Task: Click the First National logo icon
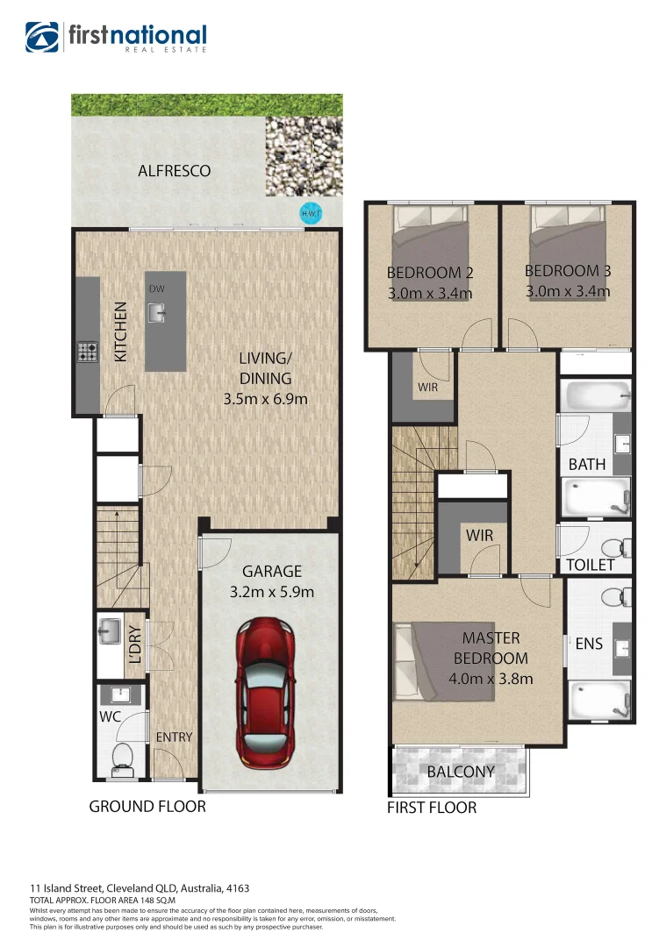pyautogui.click(x=43, y=38)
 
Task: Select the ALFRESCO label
pyautogui.click(x=175, y=171)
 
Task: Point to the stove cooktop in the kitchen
pyautogui.click(x=88, y=352)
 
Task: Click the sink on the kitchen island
pyautogui.click(x=157, y=312)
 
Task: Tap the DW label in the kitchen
pyautogui.click(x=156, y=288)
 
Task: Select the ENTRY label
pyautogui.click(x=174, y=737)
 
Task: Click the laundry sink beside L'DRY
pyautogui.click(x=111, y=630)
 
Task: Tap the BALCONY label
pyautogui.click(x=461, y=773)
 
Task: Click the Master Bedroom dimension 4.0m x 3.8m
pyautogui.click(x=491, y=678)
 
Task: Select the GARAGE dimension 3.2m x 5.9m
pyautogui.click(x=271, y=592)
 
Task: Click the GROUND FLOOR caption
pyautogui.click(x=147, y=806)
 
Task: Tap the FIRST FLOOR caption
pyautogui.click(x=432, y=808)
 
